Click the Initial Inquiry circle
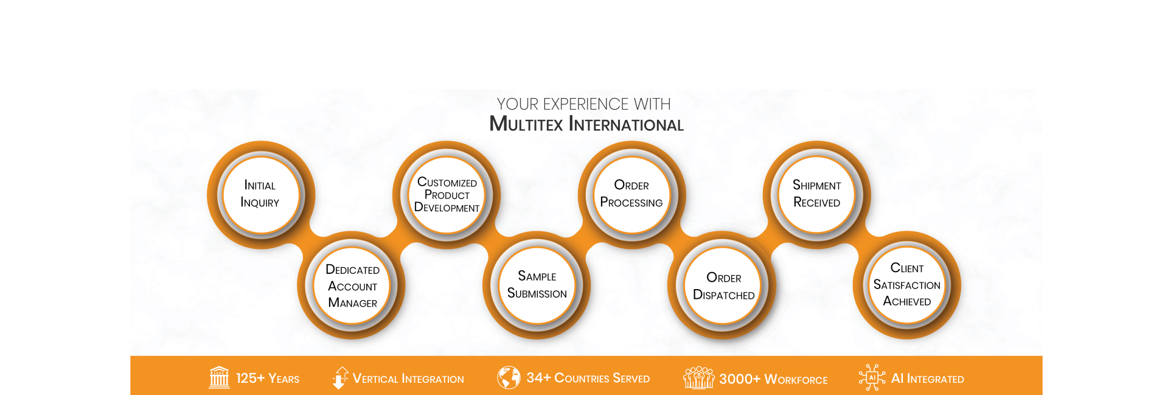(x=260, y=195)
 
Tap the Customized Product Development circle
(x=447, y=195)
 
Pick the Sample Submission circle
(x=537, y=285)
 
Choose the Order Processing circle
(x=631, y=195)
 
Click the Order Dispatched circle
(x=723, y=286)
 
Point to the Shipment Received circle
(x=817, y=195)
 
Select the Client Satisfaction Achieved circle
(x=907, y=285)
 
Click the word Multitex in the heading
(x=526, y=124)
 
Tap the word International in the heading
(x=627, y=124)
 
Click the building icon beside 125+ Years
(x=219, y=377)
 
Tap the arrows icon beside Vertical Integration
(x=340, y=377)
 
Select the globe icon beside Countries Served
(x=509, y=377)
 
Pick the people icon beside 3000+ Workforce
(x=698, y=377)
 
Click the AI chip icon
(x=872, y=377)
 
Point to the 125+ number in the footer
(x=250, y=378)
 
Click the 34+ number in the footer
(x=538, y=378)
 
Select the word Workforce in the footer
(x=796, y=379)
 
